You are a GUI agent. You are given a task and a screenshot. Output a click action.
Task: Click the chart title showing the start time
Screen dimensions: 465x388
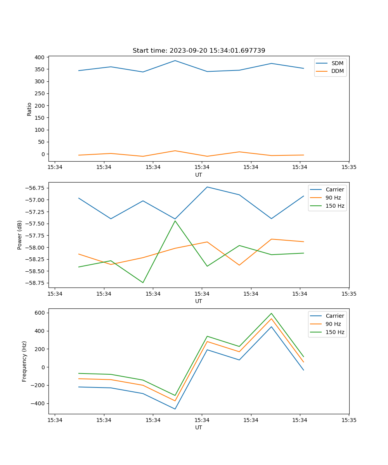(199, 51)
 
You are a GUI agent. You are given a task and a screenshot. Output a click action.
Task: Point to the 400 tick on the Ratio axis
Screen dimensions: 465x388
(39, 57)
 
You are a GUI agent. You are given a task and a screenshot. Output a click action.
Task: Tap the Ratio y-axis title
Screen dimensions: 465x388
(29, 109)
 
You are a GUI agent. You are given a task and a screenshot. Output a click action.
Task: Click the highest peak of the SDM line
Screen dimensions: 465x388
(175, 60)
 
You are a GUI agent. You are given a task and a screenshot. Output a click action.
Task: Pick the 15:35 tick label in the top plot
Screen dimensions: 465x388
(348, 167)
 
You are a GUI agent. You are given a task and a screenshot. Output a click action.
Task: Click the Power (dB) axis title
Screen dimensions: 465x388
(20, 235)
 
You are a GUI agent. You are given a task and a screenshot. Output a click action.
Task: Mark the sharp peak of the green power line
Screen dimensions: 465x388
(175, 221)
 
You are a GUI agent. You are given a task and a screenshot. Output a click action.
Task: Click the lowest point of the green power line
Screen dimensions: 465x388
(143, 282)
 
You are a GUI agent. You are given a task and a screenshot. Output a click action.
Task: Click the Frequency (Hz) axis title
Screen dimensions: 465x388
(24, 361)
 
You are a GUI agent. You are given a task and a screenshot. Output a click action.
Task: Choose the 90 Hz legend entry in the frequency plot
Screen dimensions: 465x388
(333, 324)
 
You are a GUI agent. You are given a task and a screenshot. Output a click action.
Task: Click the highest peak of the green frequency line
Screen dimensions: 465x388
(271, 313)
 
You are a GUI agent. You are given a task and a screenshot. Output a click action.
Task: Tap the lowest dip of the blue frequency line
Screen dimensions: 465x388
(175, 409)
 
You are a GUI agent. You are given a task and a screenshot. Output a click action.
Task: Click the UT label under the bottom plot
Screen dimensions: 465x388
(199, 427)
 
